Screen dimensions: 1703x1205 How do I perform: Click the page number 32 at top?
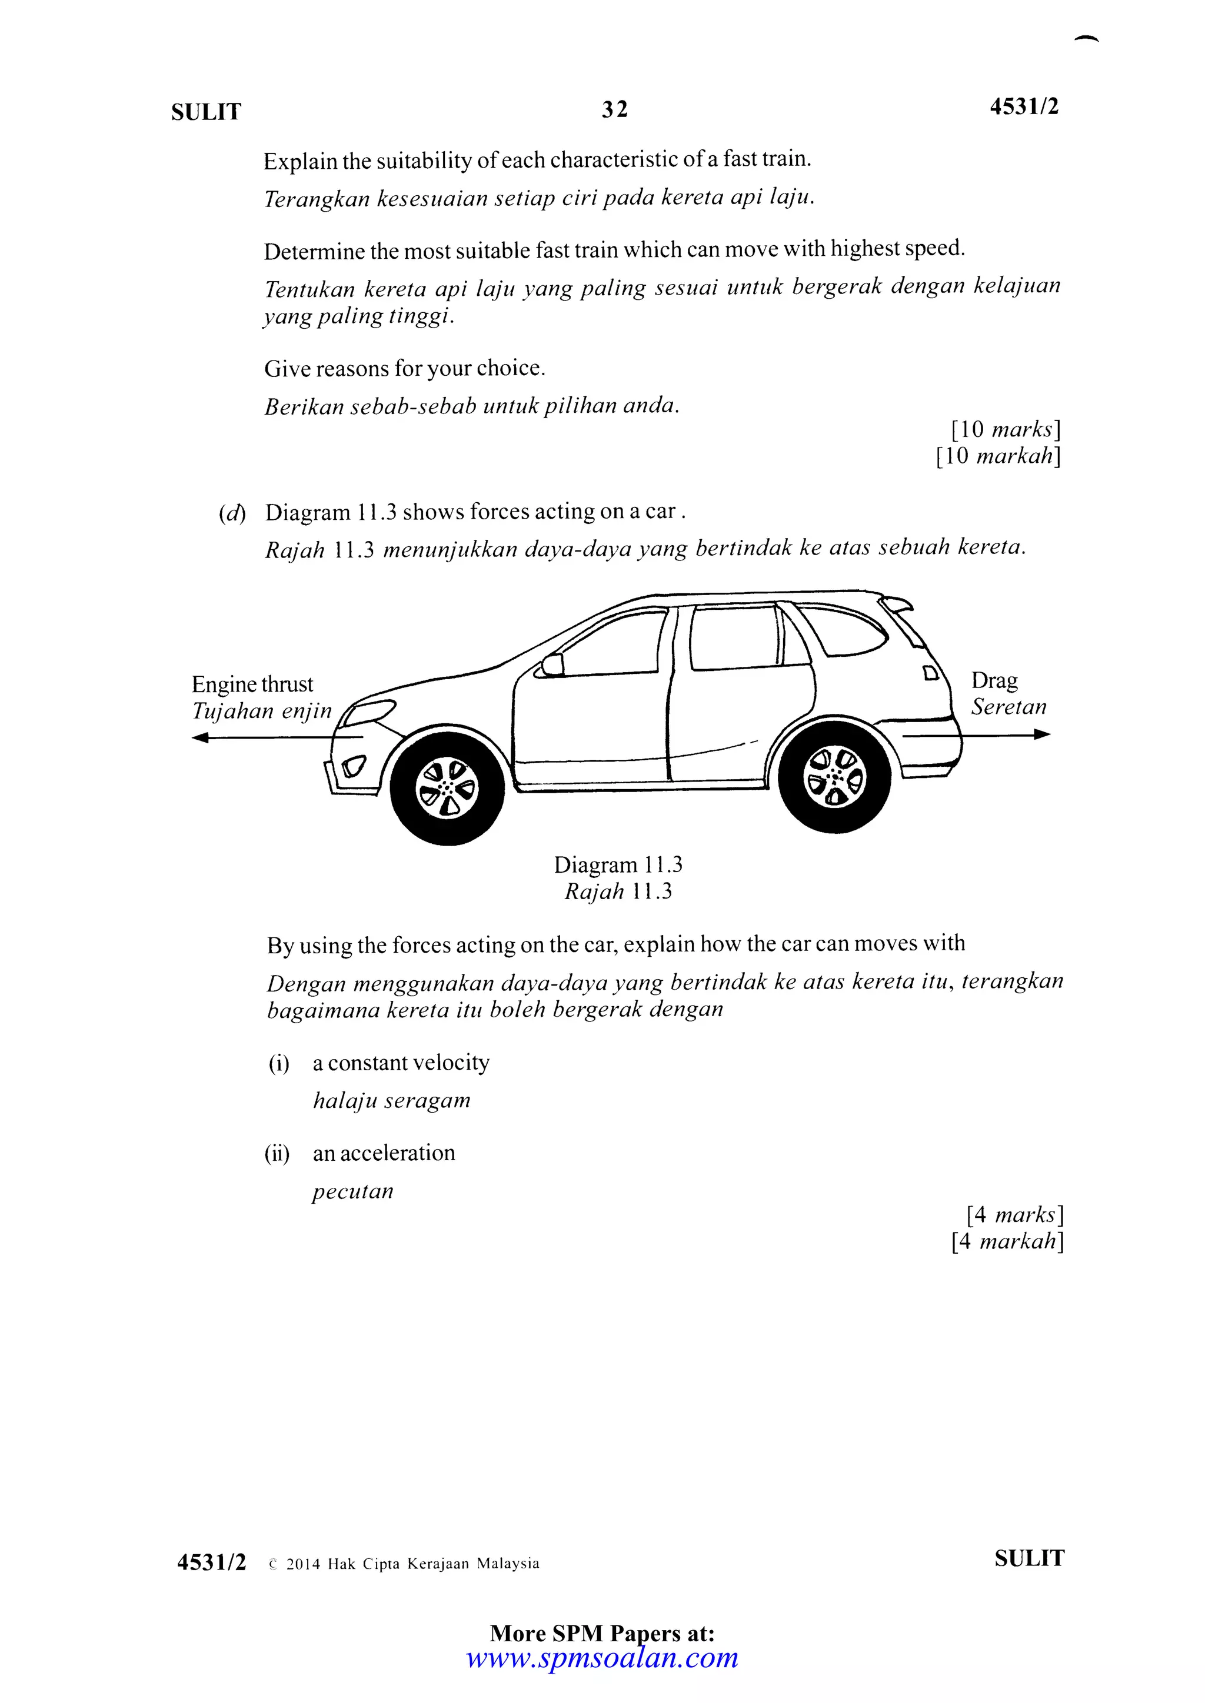614,110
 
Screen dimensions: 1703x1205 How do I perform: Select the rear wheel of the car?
835,777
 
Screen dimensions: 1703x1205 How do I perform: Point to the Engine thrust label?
252,684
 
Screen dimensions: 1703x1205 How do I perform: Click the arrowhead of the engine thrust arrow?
199,737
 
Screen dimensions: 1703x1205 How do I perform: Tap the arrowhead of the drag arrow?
1043,734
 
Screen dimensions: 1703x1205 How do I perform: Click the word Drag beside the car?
994,680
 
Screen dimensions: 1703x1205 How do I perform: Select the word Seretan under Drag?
1008,707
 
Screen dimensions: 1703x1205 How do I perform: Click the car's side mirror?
552,664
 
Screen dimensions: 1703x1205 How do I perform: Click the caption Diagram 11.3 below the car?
617,865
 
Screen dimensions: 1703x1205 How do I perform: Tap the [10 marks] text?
1006,429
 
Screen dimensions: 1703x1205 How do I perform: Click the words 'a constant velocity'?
401,1062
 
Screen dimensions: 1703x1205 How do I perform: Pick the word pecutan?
352,1191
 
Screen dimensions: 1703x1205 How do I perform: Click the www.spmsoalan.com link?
602,1657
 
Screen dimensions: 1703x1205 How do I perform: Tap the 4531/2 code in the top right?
1023,107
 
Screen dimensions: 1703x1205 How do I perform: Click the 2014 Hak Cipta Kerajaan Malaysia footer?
412,1564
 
